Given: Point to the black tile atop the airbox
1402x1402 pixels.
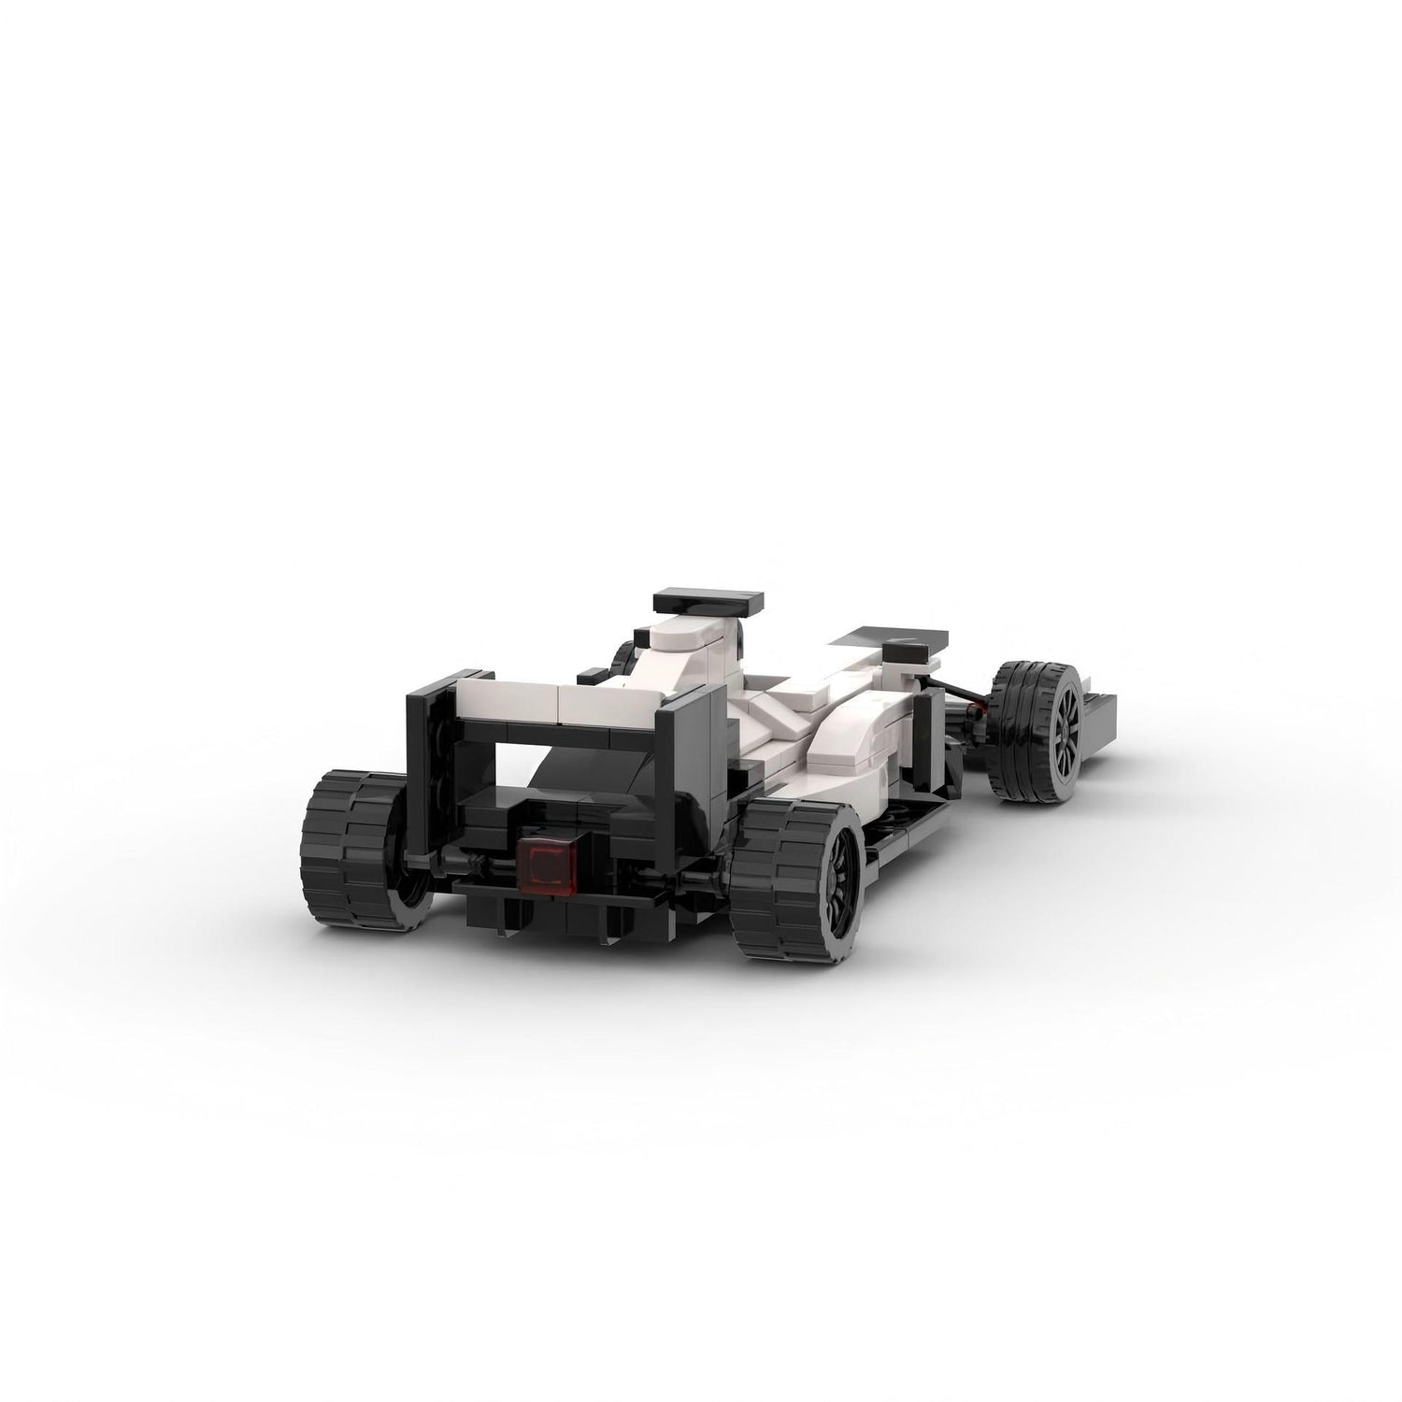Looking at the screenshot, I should pos(707,598).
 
